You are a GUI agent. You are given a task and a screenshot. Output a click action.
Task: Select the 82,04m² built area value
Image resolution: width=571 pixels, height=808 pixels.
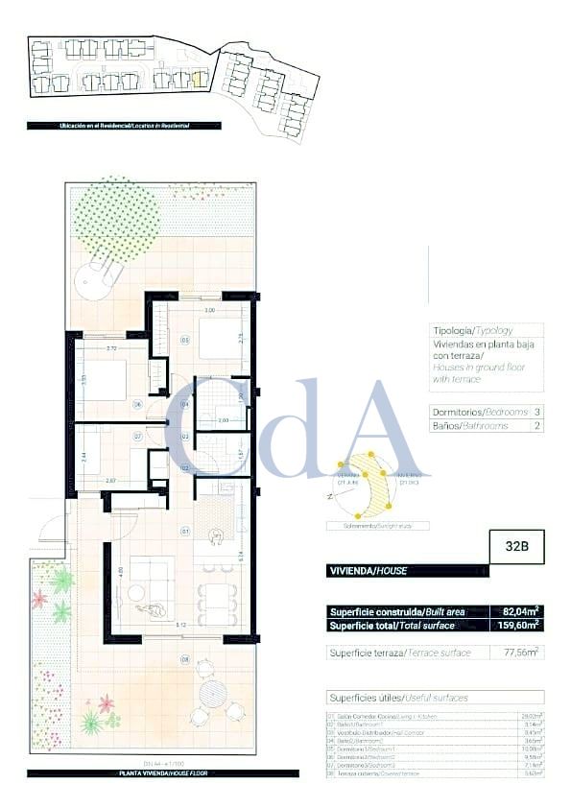tap(520, 610)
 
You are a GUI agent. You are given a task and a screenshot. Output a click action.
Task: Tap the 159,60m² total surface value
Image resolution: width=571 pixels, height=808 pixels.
tap(520, 625)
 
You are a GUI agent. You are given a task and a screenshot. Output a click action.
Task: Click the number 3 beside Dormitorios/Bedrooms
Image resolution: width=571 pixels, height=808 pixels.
tap(537, 411)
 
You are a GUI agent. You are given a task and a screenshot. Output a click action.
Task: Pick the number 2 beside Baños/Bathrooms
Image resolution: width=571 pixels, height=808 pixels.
tap(537, 424)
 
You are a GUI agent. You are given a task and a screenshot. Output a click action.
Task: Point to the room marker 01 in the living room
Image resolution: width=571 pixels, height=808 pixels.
tap(185, 528)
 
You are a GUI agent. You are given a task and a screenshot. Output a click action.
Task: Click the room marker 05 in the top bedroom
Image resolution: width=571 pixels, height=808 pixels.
tap(184, 340)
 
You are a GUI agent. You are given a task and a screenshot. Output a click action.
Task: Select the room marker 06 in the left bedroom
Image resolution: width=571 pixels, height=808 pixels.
tap(137, 405)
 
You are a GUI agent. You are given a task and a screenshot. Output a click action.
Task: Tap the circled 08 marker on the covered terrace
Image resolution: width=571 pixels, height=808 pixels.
tap(184, 658)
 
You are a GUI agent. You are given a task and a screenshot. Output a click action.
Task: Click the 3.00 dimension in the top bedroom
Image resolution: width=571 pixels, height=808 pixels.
tap(208, 311)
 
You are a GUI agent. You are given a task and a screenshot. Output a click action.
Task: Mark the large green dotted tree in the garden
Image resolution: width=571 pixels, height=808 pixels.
tap(115, 216)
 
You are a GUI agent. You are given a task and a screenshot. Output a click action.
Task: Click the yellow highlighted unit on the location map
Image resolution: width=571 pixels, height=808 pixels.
tap(200, 80)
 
